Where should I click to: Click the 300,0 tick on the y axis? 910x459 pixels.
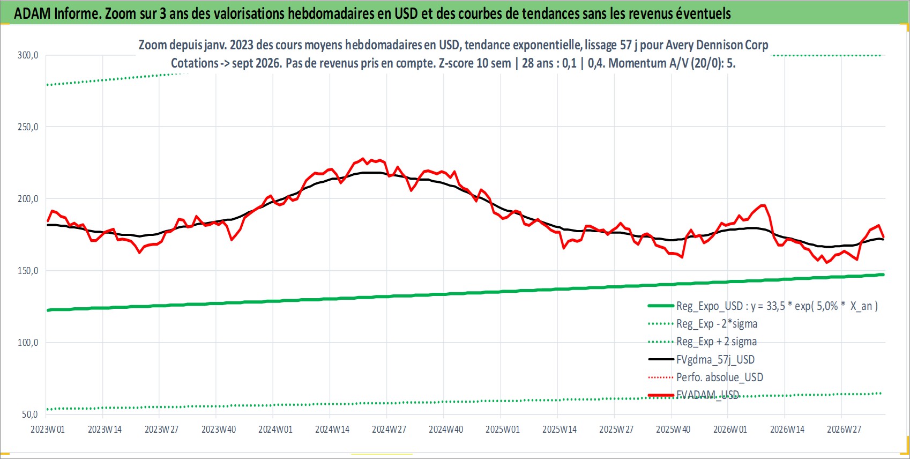click(28, 55)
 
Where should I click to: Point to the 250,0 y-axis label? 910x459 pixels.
click(28, 127)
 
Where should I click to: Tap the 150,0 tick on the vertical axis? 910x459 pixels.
click(28, 271)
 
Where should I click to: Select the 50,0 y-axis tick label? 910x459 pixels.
click(30, 414)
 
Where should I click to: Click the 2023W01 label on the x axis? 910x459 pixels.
click(48, 430)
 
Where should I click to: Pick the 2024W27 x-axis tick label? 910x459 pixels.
click(389, 430)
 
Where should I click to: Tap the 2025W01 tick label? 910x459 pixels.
click(503, 430)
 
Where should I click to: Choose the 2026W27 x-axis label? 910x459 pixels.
click(844, 430)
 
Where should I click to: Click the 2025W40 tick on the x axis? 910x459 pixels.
click(673, 430)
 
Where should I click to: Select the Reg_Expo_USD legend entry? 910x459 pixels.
click(763, 306)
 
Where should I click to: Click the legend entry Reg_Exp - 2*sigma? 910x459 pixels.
click(703, 324)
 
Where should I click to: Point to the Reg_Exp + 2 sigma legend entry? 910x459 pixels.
click(703, 342)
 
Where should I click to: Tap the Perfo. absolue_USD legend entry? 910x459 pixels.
click(706, 377)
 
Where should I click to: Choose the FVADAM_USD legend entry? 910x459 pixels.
click(693, 395)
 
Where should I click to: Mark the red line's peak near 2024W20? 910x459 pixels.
click(363, 159)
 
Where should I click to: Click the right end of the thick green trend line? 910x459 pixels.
click(883, 275)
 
